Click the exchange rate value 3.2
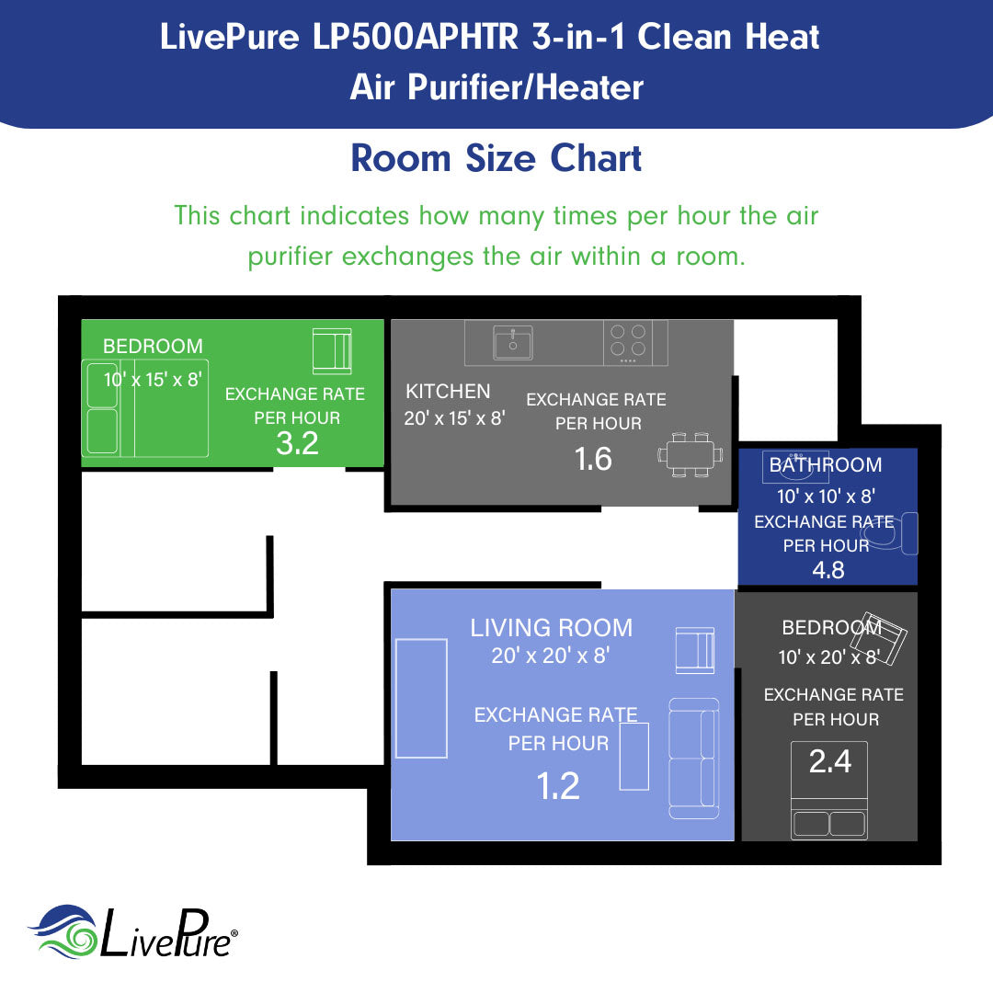[x=297, y=443]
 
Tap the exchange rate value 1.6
[x=593, y=458]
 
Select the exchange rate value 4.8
[x=827, y=570]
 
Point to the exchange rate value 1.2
[x=558, y=786]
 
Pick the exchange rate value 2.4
[x=829, y=761]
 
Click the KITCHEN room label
[x=448, y=392]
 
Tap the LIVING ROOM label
[x=551, y=628]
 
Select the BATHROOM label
[x=825, y=465]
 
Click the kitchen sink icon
[x=512, y=343]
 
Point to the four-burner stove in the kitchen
[x=628, y=340]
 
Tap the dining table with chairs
[x=690, y=454]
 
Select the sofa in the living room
[x=693, y=759]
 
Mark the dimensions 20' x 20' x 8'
[x=551, y=656]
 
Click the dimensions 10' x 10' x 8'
[x=825, y=496]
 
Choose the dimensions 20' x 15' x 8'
[x=455, y=418]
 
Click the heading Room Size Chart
[x=496, y=158]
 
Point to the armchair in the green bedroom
[x=331, y=350]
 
